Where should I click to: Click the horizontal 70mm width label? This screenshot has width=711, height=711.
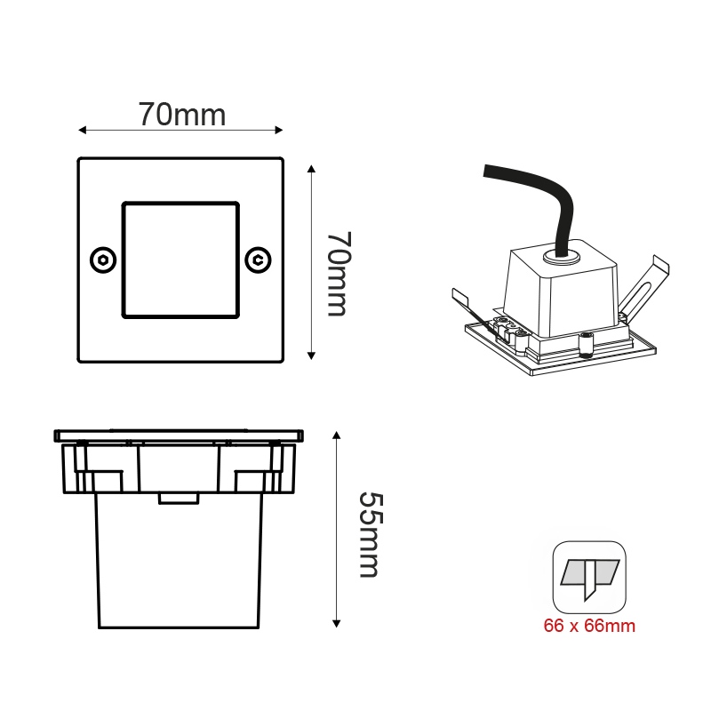tap(182, 115)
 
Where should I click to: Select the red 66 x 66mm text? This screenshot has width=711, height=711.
tap(589, 626)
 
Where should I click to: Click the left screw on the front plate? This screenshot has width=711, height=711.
tap(103, 260)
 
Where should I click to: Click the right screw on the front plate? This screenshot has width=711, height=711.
tap(258, 260)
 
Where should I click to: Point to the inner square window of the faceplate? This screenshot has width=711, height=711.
tap(180, 260)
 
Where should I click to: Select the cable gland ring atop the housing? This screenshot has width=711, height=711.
tap(561, 259)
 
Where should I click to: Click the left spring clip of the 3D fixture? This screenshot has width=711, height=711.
tap(466, 302)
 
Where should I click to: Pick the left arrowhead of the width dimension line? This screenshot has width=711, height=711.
tap(82, 131)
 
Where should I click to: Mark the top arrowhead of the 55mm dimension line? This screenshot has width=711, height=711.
tap(337, 436)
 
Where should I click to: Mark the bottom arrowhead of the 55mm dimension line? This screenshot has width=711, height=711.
tap(337, 622)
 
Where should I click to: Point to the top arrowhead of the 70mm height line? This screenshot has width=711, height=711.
tap(311, 170)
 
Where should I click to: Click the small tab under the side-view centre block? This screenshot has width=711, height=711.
tap(179, 498)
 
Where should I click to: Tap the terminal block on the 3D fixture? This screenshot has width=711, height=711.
tap(511, 328)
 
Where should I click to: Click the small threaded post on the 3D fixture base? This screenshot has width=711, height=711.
tap(586, 342)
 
